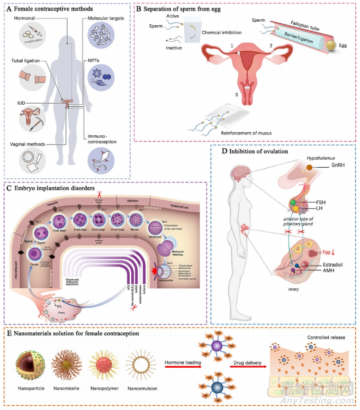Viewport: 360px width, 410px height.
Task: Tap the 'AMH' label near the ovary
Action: click(x=329, y=270)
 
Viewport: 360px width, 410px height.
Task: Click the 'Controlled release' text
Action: click(x=316, y=338)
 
